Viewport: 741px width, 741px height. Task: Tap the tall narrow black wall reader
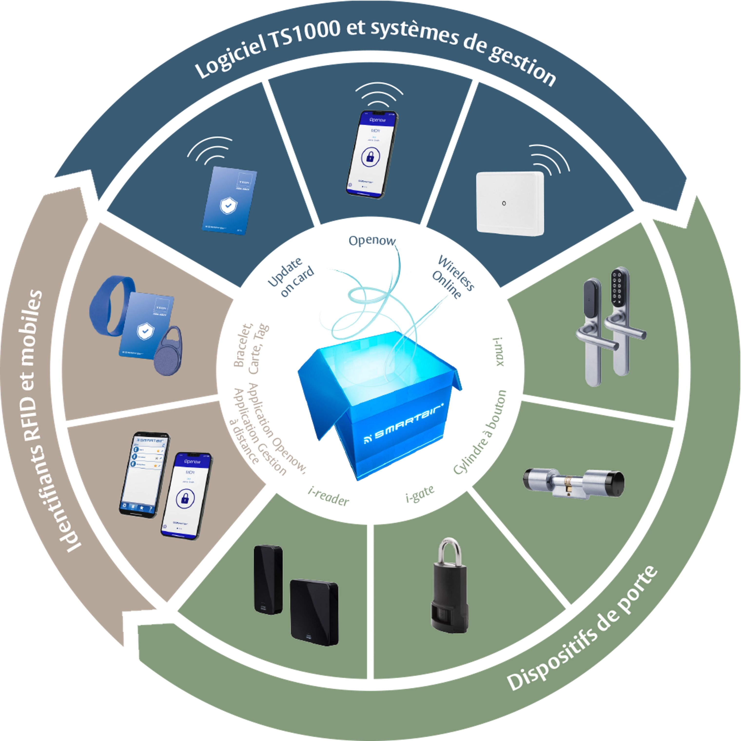click(x=268, y=579)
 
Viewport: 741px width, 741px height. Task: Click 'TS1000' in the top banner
click(x=305, y=35)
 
